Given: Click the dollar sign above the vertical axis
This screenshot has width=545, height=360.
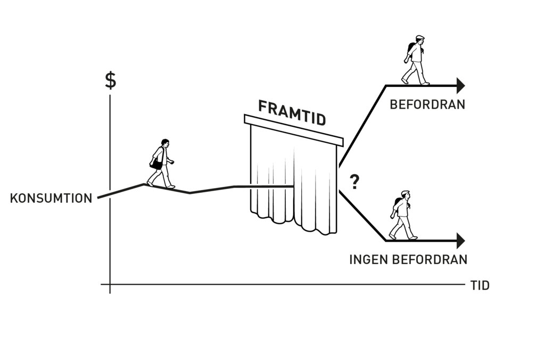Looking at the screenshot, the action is tap(111, 80).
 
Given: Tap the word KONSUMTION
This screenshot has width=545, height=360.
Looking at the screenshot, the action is tap(51, 198).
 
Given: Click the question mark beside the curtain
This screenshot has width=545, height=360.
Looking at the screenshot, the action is tap(354, 182).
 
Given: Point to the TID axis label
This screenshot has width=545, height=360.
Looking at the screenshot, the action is tap(480, 285).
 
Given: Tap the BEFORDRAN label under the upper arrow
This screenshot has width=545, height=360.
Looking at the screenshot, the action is tap(427, 104).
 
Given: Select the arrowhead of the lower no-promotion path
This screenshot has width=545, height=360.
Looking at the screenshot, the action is tap(461, 241).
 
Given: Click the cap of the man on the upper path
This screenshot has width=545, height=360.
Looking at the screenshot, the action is tap(420, 37).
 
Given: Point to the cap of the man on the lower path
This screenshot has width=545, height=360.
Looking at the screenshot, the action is tap(405, 192).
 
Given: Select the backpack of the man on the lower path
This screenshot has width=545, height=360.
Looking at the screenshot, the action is tap(397, 202).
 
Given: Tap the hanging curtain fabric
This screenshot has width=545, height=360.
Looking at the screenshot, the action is tap(294, 181).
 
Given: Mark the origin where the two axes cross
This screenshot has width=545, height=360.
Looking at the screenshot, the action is tap(110, 284).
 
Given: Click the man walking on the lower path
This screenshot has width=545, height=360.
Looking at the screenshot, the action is tap(403, 215).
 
